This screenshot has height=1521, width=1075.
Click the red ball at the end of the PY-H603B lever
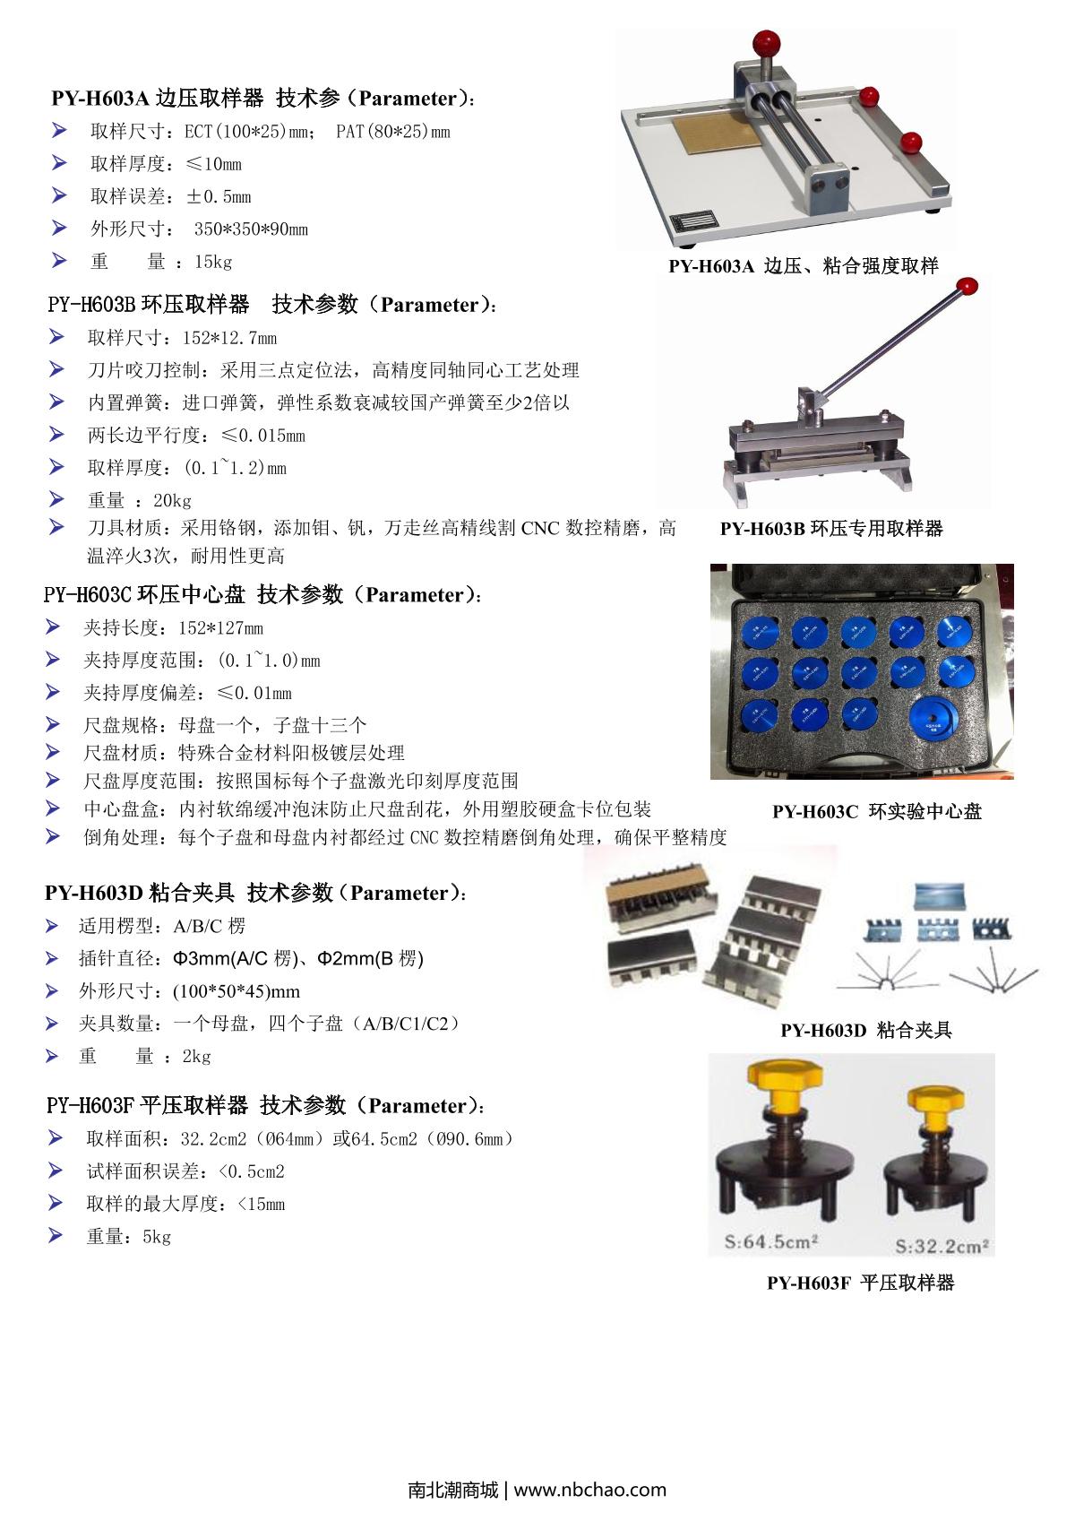click(x=967, y=286)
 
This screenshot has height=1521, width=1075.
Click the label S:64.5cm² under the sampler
click(x=770, y=1241)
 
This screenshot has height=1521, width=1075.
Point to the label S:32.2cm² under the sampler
click(x=942, y=1245)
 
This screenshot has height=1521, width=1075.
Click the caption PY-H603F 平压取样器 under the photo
click(x=861, y=1283)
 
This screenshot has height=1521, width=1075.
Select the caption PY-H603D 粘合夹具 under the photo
click(x=866, y=1030)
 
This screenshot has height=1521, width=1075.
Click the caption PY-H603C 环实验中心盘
click(x=877, y=811)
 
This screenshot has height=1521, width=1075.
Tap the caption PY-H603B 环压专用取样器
click(x=831, y=528)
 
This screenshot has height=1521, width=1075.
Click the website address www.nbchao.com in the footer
click(x=589, y=1490)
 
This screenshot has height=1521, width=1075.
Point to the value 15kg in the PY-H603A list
click(x=213, y=262)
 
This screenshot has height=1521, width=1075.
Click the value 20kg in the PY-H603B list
click(x=172, y=500)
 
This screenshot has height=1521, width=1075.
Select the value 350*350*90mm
click(x=251, y=229)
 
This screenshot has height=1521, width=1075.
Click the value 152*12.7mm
click(x=229, y=338)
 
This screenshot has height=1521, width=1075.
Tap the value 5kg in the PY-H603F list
click(x=157, y=1237)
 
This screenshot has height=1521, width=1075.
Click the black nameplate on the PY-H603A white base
click(x=693, y=223)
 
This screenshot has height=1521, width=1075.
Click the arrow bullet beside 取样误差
click(x=59, y=195)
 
